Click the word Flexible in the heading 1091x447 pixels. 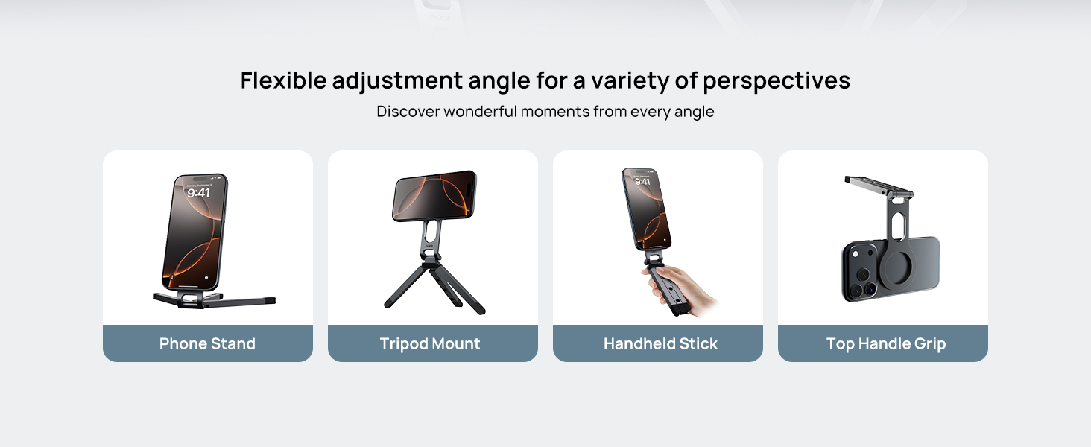coord(282,80)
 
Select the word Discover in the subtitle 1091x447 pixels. coord(408,112)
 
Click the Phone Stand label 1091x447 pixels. coord(207,343)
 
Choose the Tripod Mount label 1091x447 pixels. coord(430,343)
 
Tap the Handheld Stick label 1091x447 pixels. coord(660,343)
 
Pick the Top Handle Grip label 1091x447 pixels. coord(885,343)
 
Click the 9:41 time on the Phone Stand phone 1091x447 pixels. coord(198,193)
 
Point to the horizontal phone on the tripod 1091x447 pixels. coord(434,195)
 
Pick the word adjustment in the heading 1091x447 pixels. coord(396,80)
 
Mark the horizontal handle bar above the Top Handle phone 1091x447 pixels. coord(876,184)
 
